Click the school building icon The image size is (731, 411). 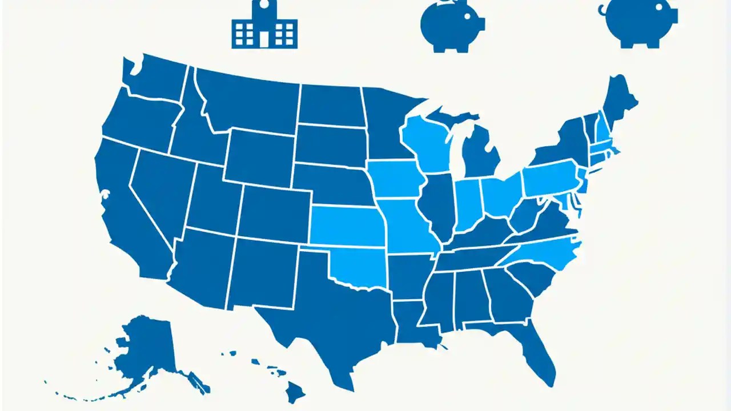coord(264,26)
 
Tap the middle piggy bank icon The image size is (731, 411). coord(451,26)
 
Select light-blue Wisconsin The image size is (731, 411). coord(425,143)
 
